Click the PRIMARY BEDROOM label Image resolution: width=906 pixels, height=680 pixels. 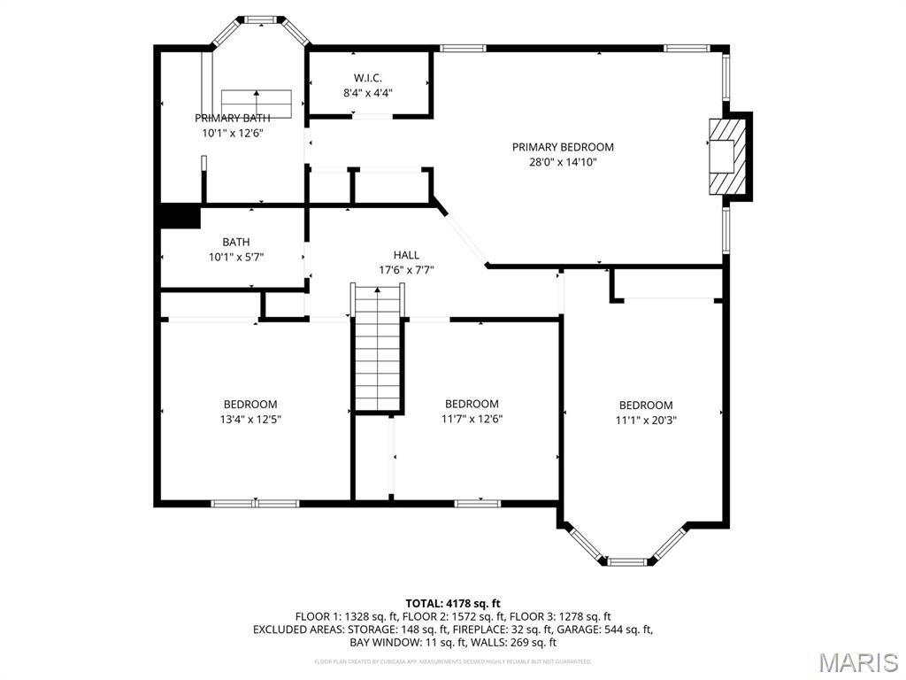tap(563, 147)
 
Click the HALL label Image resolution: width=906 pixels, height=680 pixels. tap(406, 255)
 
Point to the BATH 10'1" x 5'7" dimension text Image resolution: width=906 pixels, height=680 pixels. tap(236, 257)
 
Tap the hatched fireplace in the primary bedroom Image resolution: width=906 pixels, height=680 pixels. tap(726, 156)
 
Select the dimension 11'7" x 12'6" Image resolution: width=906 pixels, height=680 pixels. tap(472, 419)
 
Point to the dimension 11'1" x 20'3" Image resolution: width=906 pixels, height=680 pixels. tap(646, 421)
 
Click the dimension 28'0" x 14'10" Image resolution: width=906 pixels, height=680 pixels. tap(563, 162)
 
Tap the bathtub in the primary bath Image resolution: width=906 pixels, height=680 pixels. tap(257, 103)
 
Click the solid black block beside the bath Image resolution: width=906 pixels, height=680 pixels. tap(180, 217)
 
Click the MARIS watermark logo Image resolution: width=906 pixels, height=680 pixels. tap(858, 662)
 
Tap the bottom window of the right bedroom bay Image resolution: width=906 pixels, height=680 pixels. tap(628, 560)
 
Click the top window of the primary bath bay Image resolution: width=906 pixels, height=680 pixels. tap(260, 19)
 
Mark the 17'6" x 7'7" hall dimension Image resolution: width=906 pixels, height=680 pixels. tap(406, 270)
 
